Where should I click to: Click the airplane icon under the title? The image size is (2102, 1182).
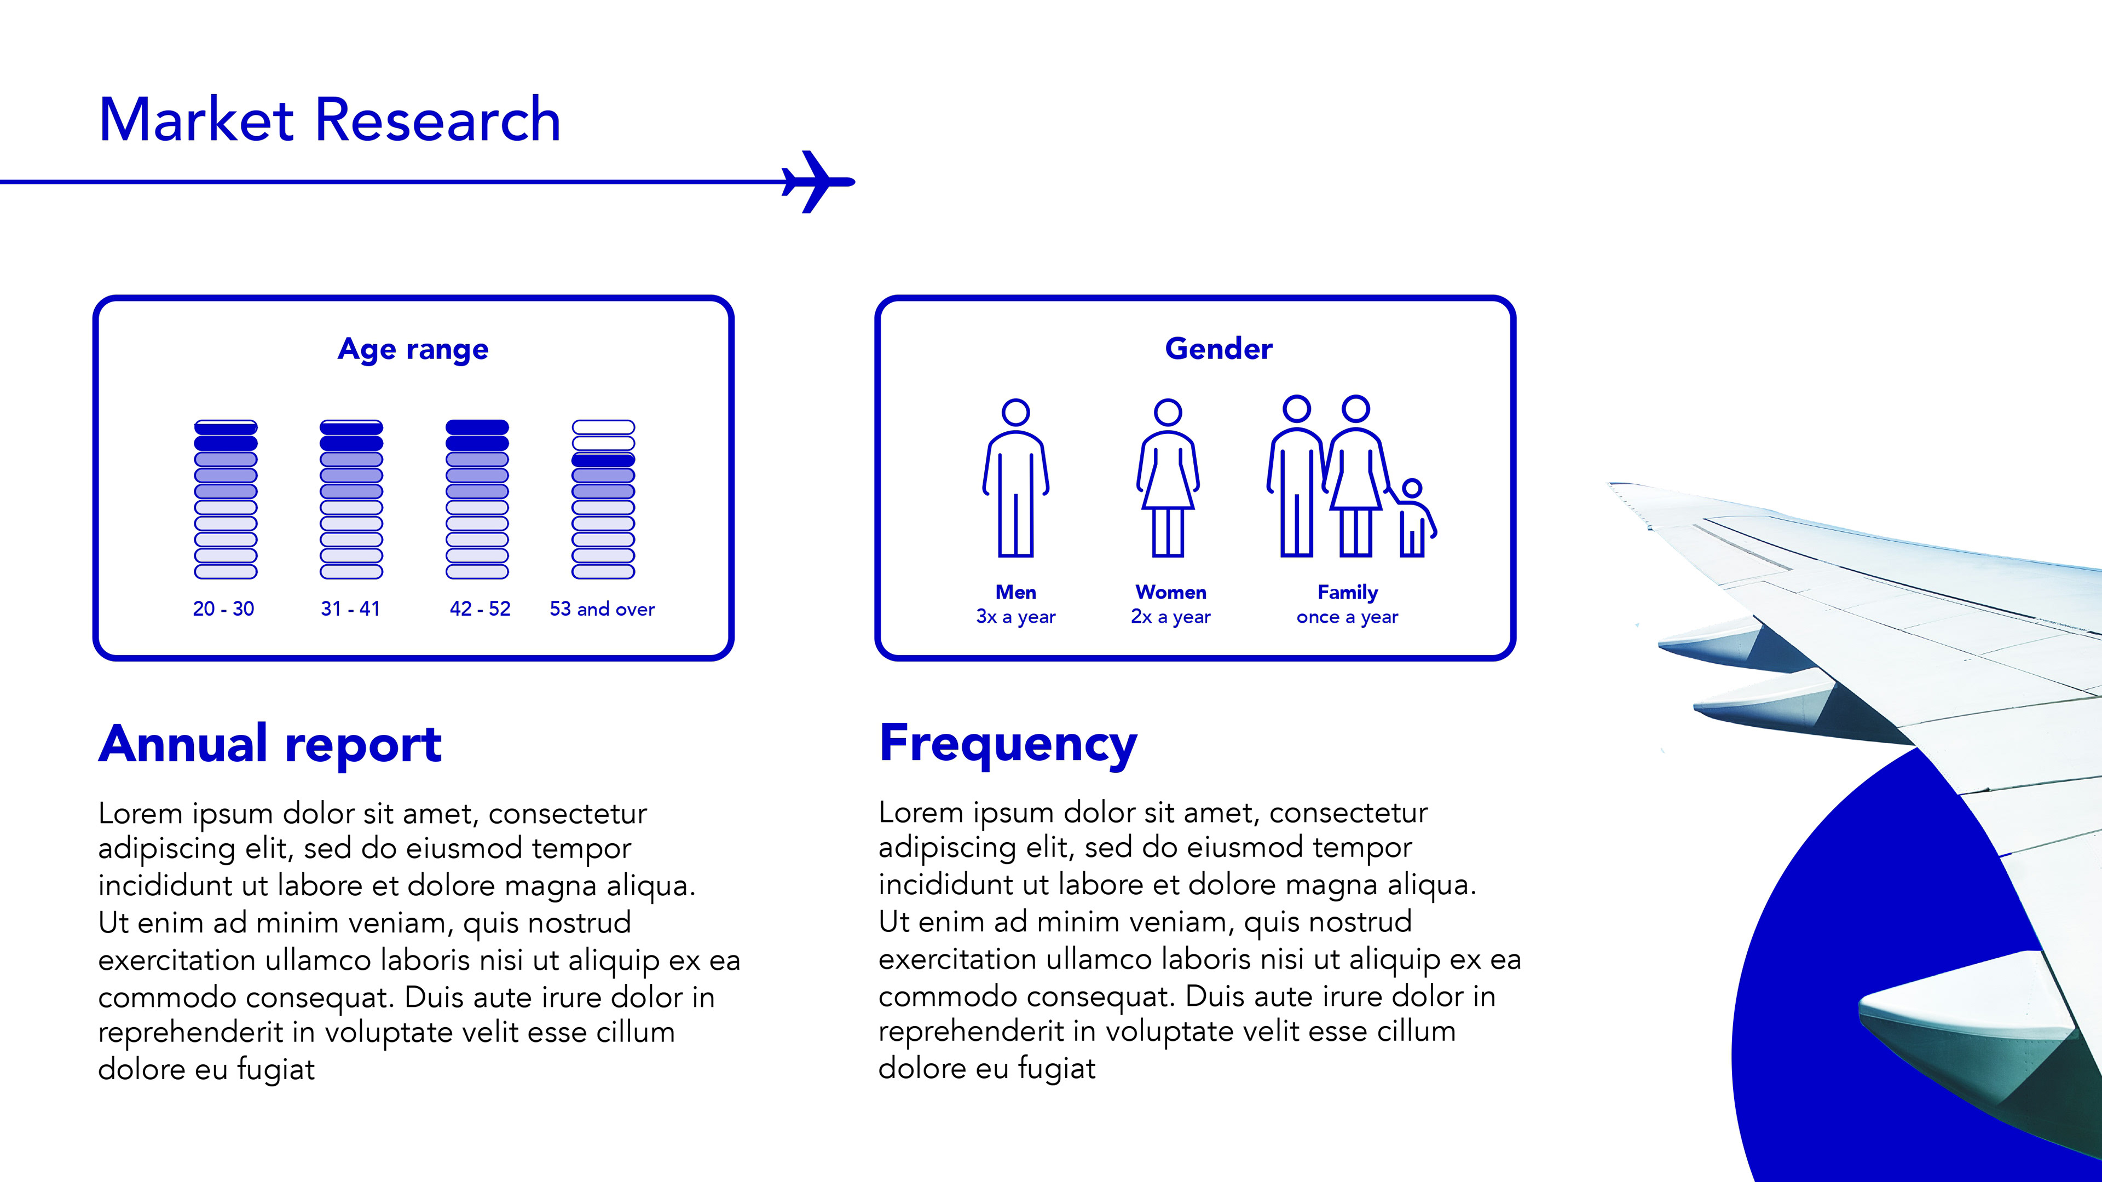(817, 182)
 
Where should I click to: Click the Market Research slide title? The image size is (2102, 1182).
(330, 120)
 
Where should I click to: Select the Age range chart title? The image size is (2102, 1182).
(413, 349)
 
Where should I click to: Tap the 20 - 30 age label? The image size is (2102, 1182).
(223, 609)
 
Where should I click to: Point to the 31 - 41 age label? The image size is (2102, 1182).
(350, 609)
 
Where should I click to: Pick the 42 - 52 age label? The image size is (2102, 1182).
(480, 609)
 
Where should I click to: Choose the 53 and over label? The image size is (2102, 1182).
(602, 609)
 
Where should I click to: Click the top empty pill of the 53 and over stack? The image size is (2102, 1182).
(603, 427)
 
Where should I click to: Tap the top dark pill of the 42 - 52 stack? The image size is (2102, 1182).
(477, 427)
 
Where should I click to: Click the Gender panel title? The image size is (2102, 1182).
(1219, 349)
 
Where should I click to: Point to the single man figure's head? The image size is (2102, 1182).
(1016, 412)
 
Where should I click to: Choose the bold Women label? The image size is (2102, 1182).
(1170, 592)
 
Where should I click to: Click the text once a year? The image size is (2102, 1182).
(1347, 617)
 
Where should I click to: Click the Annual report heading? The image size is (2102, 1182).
(270, 744)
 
